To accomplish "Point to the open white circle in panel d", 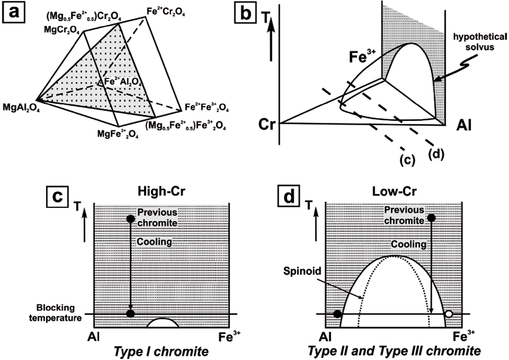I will coord(449,314).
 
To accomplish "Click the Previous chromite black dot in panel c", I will coord(131,219).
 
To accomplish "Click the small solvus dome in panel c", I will coord(163,323).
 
